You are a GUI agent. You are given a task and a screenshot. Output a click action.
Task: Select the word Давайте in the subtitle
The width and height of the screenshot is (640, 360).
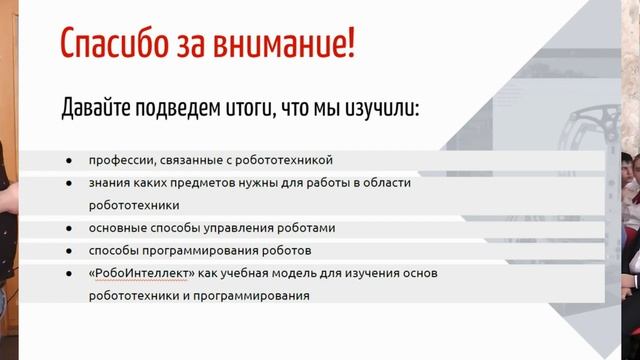click(x=100, y=106)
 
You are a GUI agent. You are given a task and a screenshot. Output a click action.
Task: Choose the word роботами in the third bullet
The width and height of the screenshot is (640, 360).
click(x=305, y=228)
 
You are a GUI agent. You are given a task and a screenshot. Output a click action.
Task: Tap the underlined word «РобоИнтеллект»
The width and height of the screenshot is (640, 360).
click(x=138, y=273)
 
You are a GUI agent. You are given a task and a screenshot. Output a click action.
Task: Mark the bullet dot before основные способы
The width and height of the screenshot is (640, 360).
click(x=69, y=229)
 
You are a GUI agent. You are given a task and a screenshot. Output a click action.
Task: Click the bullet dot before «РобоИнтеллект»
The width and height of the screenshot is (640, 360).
click(x=69, y=274)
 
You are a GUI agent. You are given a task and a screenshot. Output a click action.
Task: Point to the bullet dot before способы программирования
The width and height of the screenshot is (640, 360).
click(x=69, y=251)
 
